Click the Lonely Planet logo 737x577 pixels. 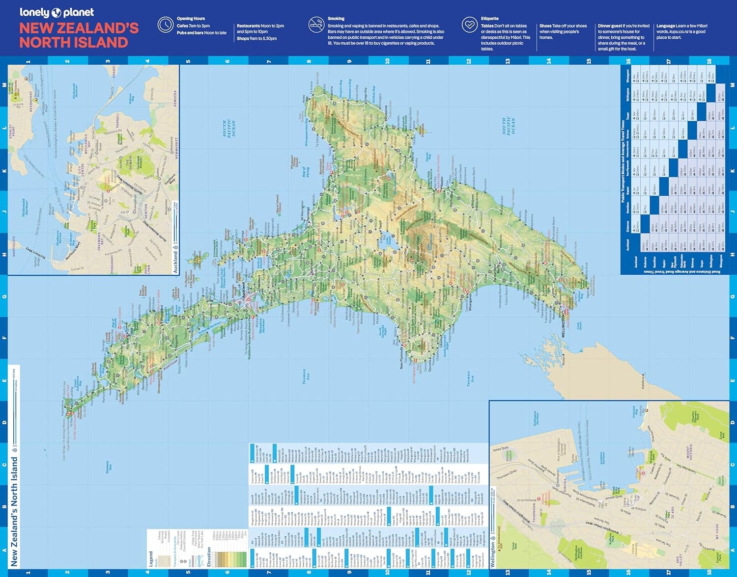tap(57, 12)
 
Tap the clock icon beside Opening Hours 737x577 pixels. tap(165, 25)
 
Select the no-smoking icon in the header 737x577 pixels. tap(316, 25)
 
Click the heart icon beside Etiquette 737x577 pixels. tap(469, 25)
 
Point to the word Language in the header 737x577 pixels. tap(666, 26)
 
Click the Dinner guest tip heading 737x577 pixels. tap(610, 26)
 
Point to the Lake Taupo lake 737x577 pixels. tap(388, 240)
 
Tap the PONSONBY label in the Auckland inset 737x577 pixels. tap(106, 261)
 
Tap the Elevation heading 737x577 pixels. tap(208, 557)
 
